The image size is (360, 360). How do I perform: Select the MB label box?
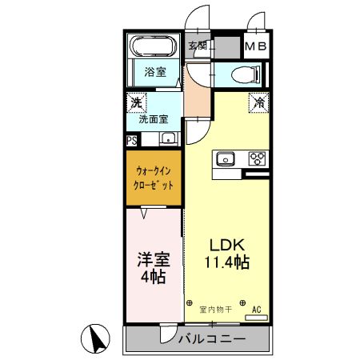257,46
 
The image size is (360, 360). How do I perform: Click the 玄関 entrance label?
198,46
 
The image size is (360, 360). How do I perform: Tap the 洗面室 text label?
153,119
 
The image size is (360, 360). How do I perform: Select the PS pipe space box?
131,139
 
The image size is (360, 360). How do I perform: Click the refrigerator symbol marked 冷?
258,102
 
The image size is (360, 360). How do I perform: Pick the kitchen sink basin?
225,158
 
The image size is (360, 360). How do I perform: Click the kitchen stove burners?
258,158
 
